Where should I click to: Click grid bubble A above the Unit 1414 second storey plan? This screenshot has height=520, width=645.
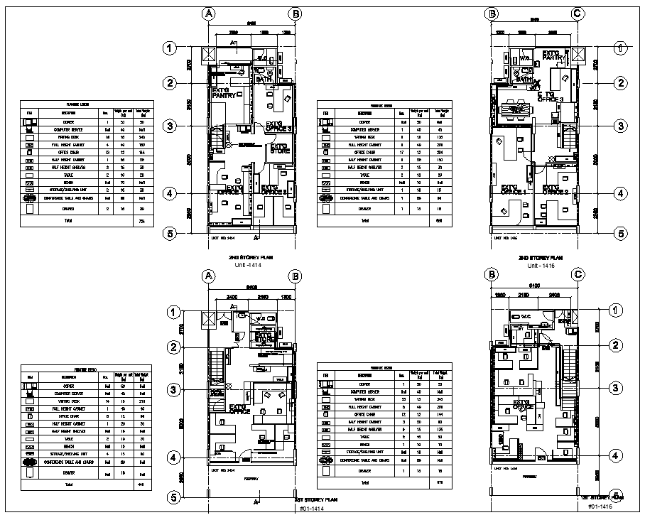208,14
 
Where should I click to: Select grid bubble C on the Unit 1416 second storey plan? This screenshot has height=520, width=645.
578,13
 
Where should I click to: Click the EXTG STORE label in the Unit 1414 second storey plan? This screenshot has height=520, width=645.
278,149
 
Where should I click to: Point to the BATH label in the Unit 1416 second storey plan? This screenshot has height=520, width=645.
524,80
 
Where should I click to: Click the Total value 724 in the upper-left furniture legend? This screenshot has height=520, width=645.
141,222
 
